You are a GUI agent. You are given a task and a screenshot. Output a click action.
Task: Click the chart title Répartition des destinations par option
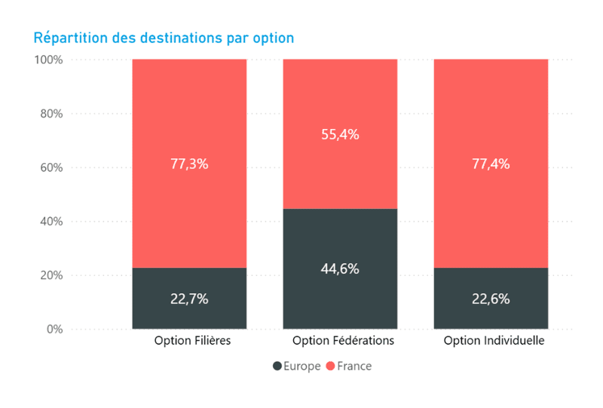[164, 37]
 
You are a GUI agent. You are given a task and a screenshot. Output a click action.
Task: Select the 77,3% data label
[189, 164]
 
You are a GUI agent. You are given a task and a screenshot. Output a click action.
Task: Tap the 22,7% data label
[189, 299]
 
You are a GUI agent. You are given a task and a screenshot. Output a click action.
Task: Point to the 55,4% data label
[340, 135]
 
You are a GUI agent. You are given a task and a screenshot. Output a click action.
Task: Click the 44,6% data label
[340, 268]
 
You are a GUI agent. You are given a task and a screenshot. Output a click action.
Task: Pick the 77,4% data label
[491, 164]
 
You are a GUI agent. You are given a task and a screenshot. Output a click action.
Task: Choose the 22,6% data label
[491, 299]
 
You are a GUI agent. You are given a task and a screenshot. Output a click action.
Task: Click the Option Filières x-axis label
[192, 341]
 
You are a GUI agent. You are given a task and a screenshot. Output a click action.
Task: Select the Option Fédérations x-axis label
[343, 341]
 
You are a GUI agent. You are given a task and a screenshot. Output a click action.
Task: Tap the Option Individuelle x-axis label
[494, 341]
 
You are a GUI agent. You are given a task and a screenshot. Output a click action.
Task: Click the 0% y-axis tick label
[54, 330]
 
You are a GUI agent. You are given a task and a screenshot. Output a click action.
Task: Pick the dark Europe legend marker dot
[277, 367]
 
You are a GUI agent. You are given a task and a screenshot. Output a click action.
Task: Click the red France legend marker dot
[330, 367]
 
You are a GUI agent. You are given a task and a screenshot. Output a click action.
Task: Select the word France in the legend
[354, 367]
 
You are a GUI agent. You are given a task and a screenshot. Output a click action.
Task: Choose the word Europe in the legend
[301, 367]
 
